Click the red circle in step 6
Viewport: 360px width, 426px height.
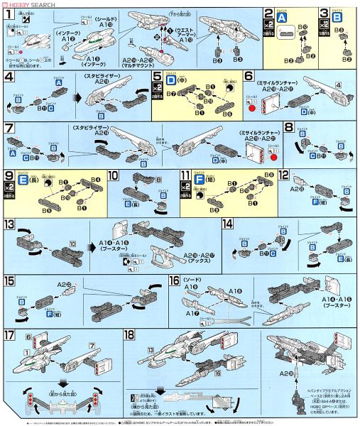[x=251, y=109]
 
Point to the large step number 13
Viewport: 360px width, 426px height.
[x=9, y=224]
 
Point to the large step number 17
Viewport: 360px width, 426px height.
[x=9, y=334]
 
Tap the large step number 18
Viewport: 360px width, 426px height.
[x=131, y=334]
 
